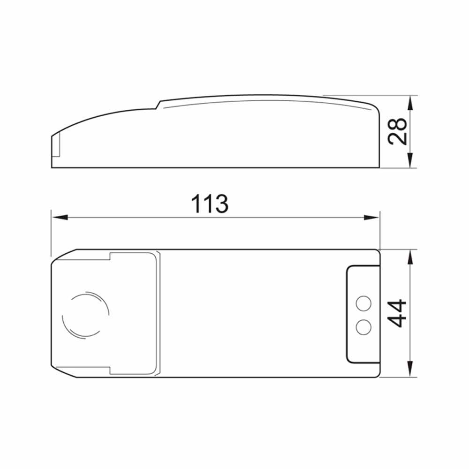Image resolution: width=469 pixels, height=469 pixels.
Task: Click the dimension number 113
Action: click(x=210, y=204)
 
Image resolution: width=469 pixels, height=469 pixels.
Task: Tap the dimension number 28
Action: click(x=398, y=131)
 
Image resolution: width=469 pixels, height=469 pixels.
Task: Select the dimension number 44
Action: click(x=398, y=313)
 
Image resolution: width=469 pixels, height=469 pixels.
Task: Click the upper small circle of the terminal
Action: click(x=363, y=303)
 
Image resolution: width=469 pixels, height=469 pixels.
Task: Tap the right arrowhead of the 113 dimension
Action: click(x=371, y=217)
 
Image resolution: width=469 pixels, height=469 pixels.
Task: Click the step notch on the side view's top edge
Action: click(x=159, y=105)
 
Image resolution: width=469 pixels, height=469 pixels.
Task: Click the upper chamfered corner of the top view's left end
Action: click(x=63, y=255)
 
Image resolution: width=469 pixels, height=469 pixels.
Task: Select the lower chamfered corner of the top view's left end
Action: click(x=63, y=371)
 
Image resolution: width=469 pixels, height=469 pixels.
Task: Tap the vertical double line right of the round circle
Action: click(x=158, y=313)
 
